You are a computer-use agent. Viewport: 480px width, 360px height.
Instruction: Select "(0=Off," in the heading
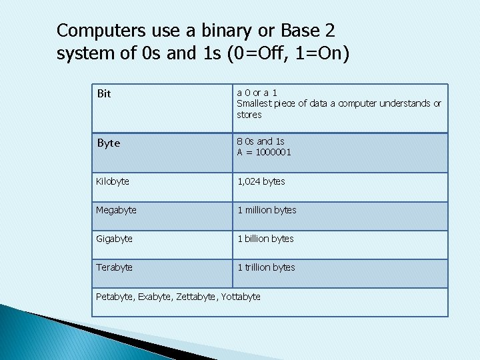254,53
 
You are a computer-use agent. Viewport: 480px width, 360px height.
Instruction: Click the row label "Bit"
104,93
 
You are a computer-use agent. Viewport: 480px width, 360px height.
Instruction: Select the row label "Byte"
109,143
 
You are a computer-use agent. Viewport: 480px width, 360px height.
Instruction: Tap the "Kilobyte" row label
113,181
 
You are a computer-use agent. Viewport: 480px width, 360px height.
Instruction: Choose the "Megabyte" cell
116,210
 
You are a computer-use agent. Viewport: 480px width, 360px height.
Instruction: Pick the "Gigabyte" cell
114,239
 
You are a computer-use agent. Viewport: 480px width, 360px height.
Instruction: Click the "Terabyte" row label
114,267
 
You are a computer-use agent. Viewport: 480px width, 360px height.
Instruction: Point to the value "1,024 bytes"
261,181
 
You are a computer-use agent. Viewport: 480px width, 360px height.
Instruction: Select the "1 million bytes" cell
267,210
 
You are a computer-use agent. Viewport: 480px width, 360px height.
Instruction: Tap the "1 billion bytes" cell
265,239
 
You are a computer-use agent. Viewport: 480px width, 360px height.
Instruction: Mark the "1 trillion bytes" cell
266,267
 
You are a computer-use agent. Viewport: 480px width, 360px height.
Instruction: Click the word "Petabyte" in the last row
115,297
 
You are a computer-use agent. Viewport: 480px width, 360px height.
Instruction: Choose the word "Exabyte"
154,297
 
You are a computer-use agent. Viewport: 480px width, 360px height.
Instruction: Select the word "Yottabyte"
239,297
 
